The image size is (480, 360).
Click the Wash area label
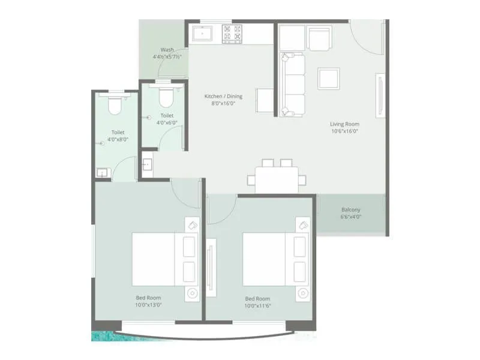click(x=167, y=50)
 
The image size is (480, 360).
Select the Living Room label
click(x=344, y=124)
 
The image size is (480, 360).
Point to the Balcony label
click(x=351, y=210)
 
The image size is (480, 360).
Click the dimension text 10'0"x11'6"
click(x=257, y=306)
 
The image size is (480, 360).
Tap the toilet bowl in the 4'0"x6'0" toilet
click(x=166, y=96)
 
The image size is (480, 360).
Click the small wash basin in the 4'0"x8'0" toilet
click(x=102, y=173)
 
